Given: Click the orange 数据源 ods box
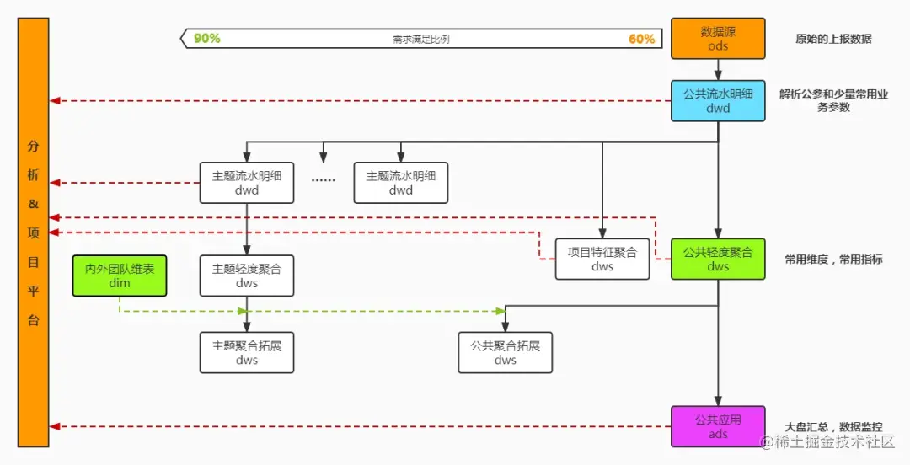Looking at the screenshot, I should pyautogui.click(x=718, y=39).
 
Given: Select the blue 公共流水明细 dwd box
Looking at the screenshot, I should pyautogui.click(x=718, y=101).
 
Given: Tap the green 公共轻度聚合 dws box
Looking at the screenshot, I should pyautogui.click(x=718, y=259).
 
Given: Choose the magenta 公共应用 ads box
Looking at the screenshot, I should pyautogui.click(x=718, y=426).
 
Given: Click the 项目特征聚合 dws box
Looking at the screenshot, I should pyautogui.click(x=602, y=259).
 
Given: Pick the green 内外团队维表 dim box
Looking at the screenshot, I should pyautogui.click(x=120, y=275).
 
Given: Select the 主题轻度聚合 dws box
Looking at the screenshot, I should pyautogui.click(x=247, y=275).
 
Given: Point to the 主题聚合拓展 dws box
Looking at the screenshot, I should pyautogui.click(x=247, y=352).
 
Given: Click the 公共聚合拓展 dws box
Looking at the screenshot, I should pyautogui.click(x=506, y=352).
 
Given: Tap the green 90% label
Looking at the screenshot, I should pyautogui.click(x=206, y=39).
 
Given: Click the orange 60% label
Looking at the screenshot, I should pyautogui.click(x=641, y=39).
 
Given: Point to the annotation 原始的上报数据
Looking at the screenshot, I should pyautogui.click(x=833, y=39).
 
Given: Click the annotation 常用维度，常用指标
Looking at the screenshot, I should pyautogui.click(x=833, y=259).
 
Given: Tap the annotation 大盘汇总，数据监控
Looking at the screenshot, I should pyautogui.click(x=833, y=427).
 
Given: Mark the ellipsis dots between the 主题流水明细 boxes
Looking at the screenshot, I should pyautogui.click(x=324, y=179).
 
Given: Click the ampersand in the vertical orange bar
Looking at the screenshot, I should pyautogui.click(x=34, y=204).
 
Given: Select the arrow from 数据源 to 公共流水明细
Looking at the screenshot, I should pyautogui.click(x=718, y=69).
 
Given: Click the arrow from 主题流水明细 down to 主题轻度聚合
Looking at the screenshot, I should pyautogui.click(x=247, y=228).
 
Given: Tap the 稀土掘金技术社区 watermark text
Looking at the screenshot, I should pyautogui.click(x=834, y=442).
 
